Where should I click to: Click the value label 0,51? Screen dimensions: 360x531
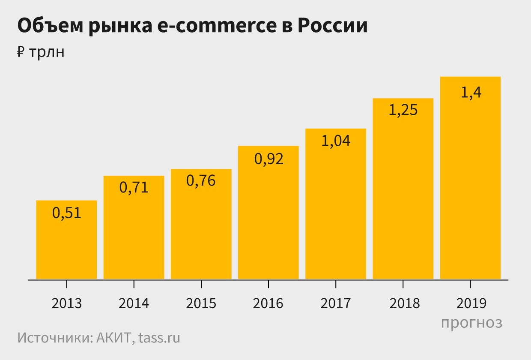(66, 213)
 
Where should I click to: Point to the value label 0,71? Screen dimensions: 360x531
(134, 188)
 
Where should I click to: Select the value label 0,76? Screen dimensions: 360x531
(201, 180)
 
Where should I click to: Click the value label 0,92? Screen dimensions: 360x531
(268, 159)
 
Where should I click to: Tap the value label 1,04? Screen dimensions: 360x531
(336, 141)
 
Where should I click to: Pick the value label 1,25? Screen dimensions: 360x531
(403, 110)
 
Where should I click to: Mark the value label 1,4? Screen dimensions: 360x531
(471, 93)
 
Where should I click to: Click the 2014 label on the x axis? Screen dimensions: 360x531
(134, 303)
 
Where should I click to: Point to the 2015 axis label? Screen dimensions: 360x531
(201, 303)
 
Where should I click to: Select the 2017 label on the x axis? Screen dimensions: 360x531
(336, 303)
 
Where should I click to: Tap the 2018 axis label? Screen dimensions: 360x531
(403, 303)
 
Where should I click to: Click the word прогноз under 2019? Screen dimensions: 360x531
(471, 322)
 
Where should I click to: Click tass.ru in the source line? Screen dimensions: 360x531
(159, 338)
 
